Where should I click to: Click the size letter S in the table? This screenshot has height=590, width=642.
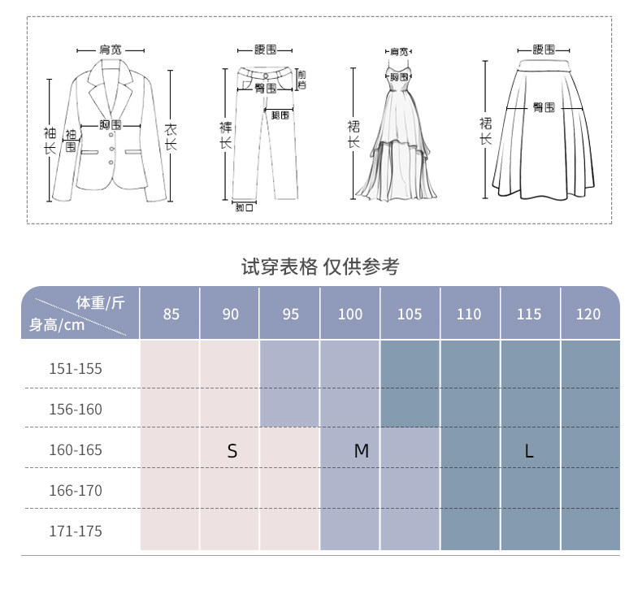[232, 451]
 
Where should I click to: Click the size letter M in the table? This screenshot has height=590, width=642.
[362, 451]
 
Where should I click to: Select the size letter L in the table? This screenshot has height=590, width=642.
[529, 451]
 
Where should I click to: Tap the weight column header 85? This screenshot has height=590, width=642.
[171, 315]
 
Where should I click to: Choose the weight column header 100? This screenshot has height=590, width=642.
[350, 315]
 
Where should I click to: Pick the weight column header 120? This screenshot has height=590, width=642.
[588, 315]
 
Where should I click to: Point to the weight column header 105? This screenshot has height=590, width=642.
[410, 315]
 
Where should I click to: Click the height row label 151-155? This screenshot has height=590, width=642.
[76, 369]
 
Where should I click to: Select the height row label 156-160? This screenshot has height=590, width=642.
[76, 410]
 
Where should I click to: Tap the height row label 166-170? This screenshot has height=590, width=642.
[76, 491]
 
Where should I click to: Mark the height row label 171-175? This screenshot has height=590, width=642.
[76, 531]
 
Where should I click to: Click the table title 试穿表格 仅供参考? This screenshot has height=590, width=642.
[320, 267]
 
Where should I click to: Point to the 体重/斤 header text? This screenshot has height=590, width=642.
[101, 303]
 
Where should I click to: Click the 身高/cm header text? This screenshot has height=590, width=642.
[57, 326]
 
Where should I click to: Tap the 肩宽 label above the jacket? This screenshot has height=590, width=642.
[111, 50]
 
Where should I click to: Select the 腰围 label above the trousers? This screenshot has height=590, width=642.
[266, 50]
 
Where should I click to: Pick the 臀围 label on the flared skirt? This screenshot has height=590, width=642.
[544, 107]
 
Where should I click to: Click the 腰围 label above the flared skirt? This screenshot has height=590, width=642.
[544, 50]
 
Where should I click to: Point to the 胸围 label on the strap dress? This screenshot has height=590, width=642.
[397, 76]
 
